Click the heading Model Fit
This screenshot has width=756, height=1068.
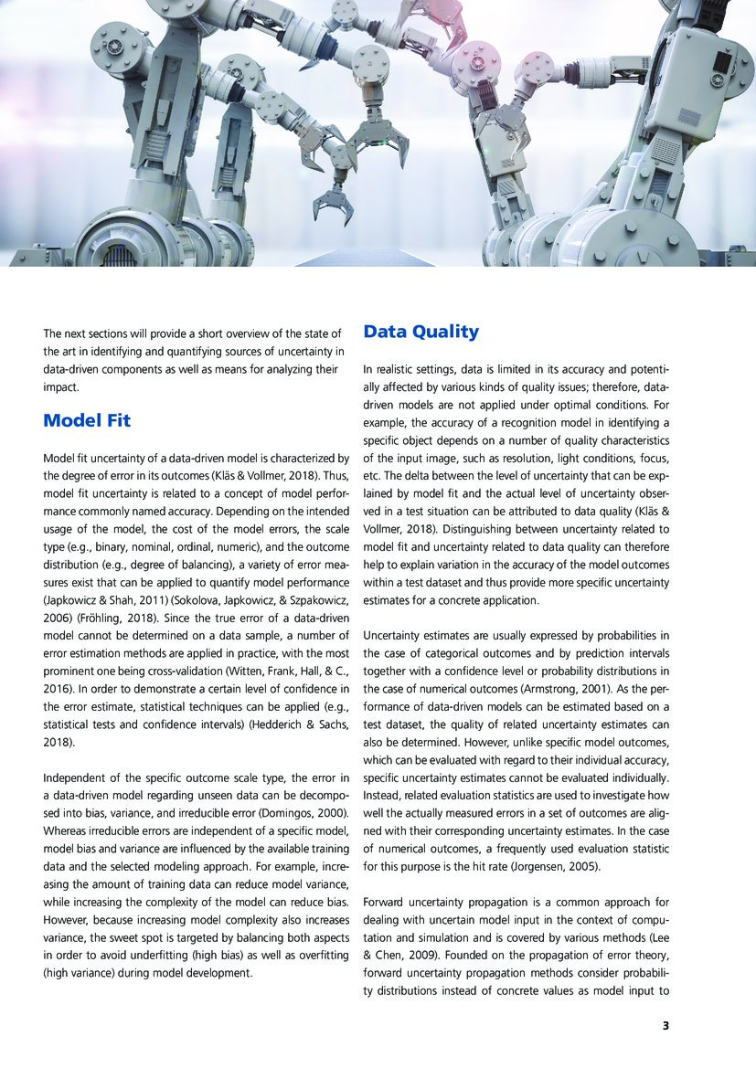click(x=87, y=420)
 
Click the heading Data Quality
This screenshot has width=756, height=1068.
click(x=421, y=331)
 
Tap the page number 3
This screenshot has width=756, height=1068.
click(x=666, y=1025)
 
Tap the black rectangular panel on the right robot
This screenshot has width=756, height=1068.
click(x=723, y=63)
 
